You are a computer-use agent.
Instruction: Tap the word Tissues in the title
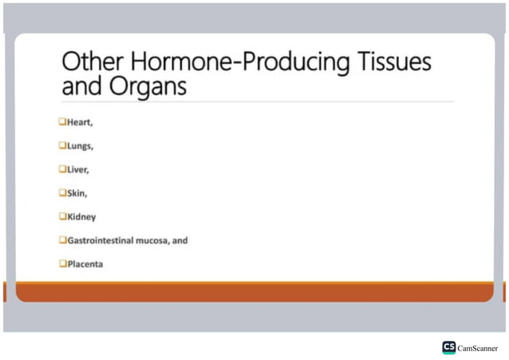[396, 62]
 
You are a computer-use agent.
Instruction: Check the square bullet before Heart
[61, 122]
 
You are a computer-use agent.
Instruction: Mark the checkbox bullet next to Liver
[61, 169]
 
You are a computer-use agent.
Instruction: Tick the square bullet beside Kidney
[61, 216]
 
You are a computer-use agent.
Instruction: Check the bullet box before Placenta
[61, 263]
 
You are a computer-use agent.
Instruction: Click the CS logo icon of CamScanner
[449, 347]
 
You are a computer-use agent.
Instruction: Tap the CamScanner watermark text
[478, 348]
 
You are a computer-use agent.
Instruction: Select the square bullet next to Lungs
[61, 146]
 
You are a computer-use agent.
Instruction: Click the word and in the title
[81, 86]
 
